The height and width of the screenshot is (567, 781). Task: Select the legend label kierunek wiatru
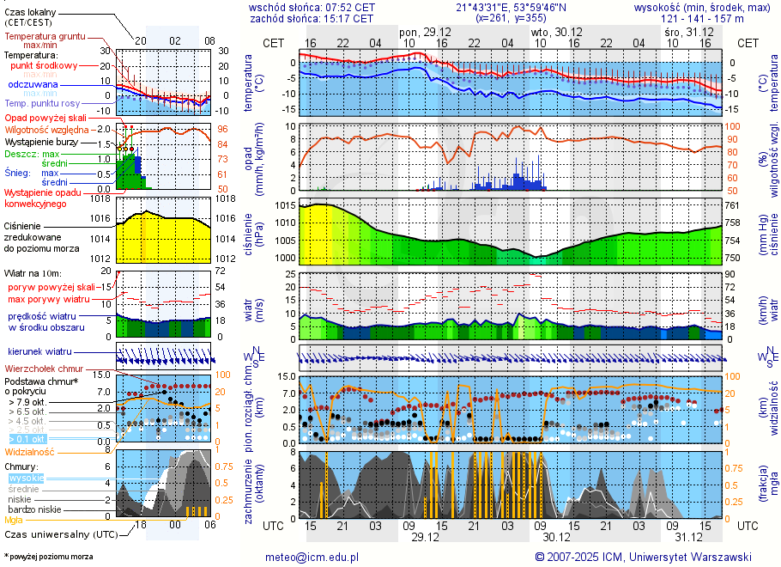[40, 351]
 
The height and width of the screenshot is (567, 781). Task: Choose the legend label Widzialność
[29, 451]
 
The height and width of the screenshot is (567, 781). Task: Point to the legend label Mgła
[14, 520]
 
